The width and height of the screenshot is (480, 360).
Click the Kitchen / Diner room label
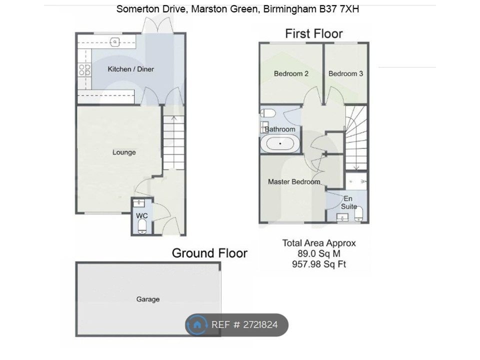(130, 69)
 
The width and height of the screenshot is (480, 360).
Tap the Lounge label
(124, 152)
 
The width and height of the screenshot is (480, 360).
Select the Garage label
(148, 299)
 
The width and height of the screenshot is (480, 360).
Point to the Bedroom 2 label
(291, 74)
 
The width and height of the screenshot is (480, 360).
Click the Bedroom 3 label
(345, 74)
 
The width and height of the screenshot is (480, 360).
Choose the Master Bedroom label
(294, 182)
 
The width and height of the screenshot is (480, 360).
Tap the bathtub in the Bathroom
(280, 143)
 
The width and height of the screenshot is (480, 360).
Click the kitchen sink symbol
(114, 41)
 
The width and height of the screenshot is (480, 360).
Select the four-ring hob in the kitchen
(84, 70)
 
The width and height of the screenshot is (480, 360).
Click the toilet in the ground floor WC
(141, 227)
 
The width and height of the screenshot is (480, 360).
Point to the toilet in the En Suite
(359, 214)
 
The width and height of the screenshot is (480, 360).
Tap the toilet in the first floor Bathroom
(268, 113)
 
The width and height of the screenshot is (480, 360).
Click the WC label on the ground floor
(141, 216)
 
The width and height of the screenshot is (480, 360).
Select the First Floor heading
(314, 33)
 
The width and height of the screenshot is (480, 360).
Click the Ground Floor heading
(209, 253)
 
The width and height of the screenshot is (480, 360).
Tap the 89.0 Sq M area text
(319, 253)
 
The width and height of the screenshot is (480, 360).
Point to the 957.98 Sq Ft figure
(319, 264)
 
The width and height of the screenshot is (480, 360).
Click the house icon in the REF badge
(197, 324)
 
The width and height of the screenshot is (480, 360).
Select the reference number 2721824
(260, 324)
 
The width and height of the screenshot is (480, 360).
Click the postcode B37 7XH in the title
(339, 9)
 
